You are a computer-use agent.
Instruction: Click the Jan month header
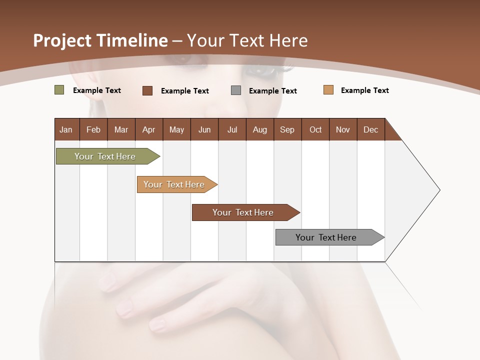pos(66,129)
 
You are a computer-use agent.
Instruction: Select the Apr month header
pos(148,129)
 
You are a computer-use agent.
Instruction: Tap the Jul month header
pos(232,129)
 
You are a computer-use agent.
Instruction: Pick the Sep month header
pos(287,129)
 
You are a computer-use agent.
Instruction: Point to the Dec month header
pos(370,129)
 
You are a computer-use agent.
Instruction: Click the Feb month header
pos(93,129)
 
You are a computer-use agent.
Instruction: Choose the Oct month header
pos(315,129)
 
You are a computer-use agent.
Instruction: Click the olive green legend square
pos(59,90)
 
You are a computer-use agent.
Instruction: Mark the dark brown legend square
pos(147,90)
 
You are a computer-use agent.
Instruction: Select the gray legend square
pos(236,90)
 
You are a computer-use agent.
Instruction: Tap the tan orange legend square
pos(328,90)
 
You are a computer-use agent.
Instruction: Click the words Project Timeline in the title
pos(100,40)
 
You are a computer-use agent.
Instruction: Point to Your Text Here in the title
pos(247,40)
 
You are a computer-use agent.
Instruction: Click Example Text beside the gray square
pos(272,91)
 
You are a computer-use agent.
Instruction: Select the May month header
pos(176,129)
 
